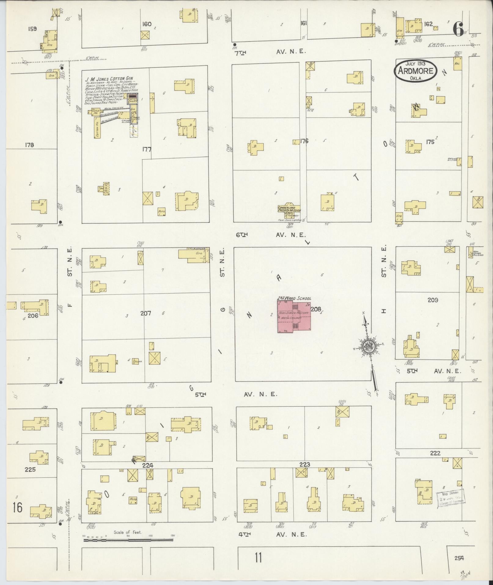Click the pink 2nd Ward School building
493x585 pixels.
tap(294, 317)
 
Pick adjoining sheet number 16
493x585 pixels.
tap(17, 508)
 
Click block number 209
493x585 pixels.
tap(433, 300)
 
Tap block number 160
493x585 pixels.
tap(147, 24)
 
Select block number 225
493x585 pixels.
tap(30, 469)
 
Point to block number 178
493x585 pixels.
tap(30, 145)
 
